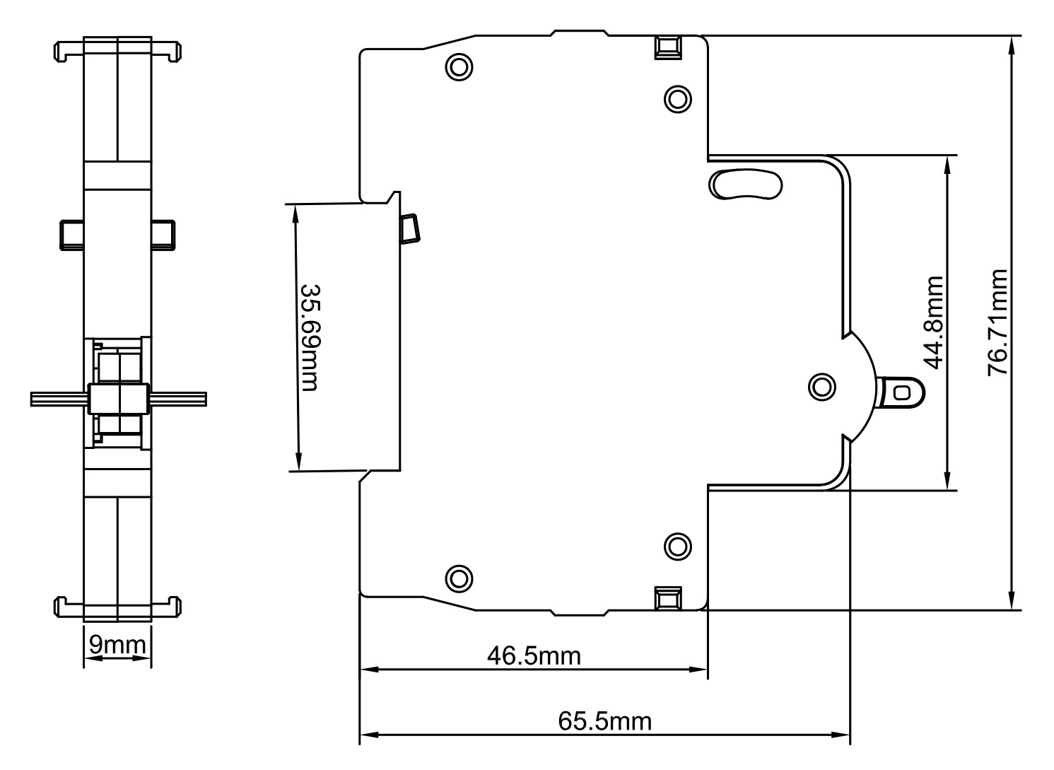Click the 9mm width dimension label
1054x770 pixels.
(x=117, y=645)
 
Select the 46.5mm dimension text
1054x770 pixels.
(x=534, y=655)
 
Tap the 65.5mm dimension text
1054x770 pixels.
(x=605, y=721)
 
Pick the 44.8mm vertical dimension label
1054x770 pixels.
(x=934, y=322)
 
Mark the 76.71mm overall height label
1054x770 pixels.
(x=997, y=322)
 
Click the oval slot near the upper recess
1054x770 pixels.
(x=745, y=185)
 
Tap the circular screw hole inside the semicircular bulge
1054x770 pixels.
(x=821, y=387)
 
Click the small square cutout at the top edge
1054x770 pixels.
(x=667, y=47)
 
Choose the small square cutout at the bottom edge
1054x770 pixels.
(x=667, y=599)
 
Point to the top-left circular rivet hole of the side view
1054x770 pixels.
(x=459, y=67)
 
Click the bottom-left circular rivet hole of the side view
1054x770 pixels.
(x=459, y=578)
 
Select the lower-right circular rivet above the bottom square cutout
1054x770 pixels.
(x=677, y=545)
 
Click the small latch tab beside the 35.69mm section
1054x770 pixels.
(x=410, y=228)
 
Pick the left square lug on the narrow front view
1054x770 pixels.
(x=71, y=234)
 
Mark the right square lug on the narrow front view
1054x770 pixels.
(x=163, y=234)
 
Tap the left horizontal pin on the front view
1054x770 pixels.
(x=58, y=399)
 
